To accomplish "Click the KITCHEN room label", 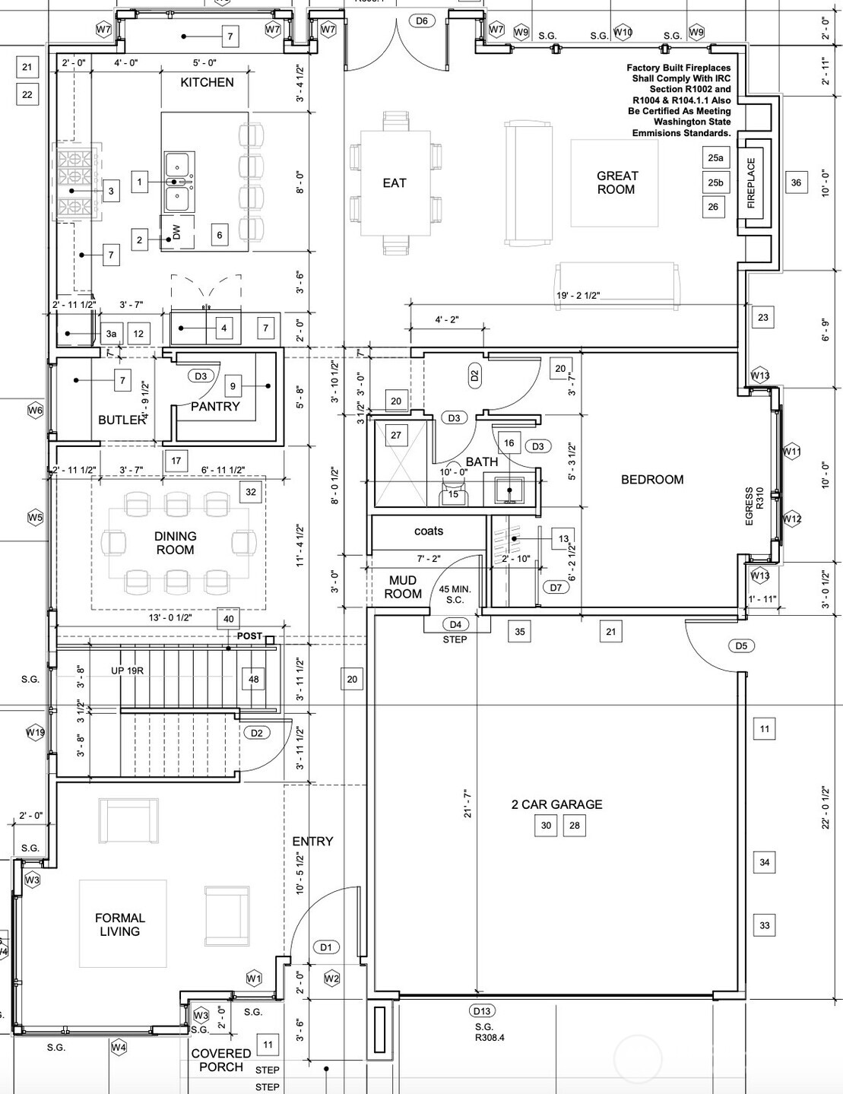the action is coord(207,82).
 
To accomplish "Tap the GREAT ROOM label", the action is coord(617,182).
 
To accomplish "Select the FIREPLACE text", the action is coord(751,182).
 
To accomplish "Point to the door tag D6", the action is coord(422,21).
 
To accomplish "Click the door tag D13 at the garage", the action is coord(482,1010).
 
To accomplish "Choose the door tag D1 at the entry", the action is coord(326,947).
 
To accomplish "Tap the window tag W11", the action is coord(791,452).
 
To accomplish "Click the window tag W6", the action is coord(35,411).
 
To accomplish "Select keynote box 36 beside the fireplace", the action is coord(796,182).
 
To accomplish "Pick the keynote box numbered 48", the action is coord(253,679).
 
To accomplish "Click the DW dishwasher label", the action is coord(176,232).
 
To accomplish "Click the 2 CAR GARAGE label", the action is coord(556,804).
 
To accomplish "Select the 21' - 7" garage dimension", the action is coord(467,803).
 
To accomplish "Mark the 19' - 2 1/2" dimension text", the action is coord(578,296).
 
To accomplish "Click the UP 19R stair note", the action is coord(128,671).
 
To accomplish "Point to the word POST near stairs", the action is coord(249,636).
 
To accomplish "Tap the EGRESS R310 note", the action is coord(754,506).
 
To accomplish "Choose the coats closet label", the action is coord(429,531).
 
